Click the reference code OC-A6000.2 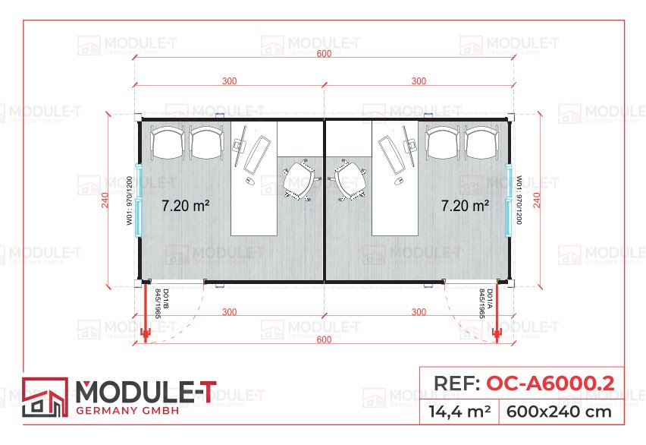tap(549, 383)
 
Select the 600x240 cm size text tap(561, 412)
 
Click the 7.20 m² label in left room tap(186, 205)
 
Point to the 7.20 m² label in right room tap(465, 205)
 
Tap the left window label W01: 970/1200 tap(129, 200)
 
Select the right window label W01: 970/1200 tap(519, 200)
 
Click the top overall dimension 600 tap(324, 54)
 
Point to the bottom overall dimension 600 tap(324, 339)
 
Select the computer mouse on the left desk tap(249, 181)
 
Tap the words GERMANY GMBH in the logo tap(128, 411)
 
